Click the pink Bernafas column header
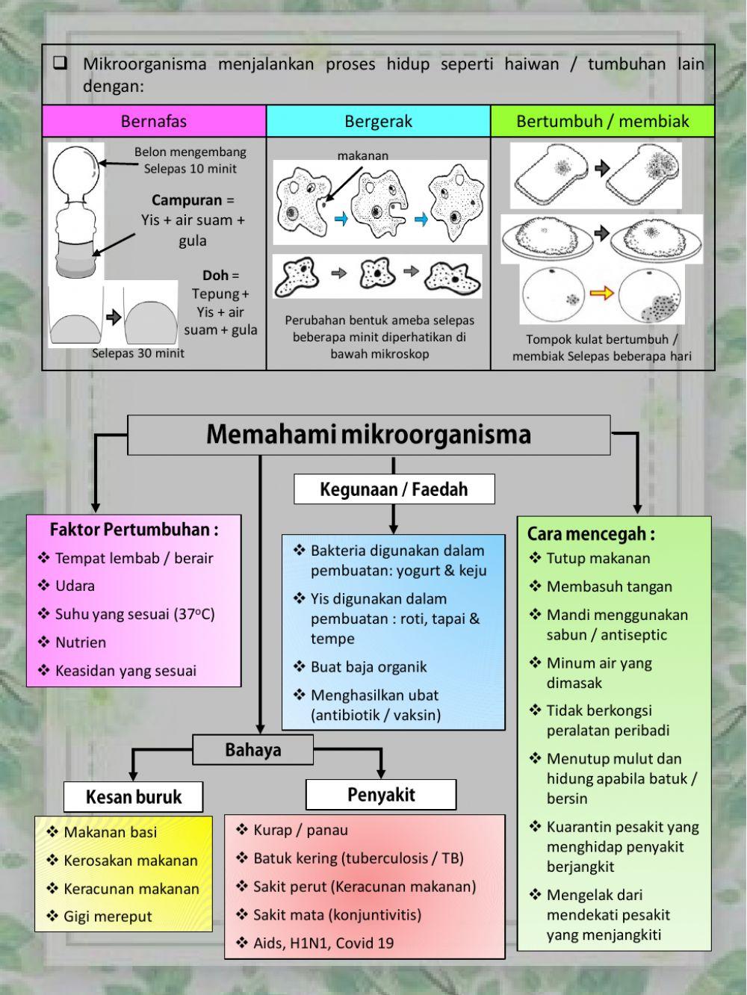[154, 121]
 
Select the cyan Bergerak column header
[378, 121]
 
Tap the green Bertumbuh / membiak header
[602, 121]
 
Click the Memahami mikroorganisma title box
[368, 435]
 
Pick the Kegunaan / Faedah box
[394, 490]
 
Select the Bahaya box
[252, 750]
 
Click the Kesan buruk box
[133, 797]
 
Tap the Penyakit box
[380, 795]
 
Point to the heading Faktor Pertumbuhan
[134, 530]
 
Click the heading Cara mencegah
[590, 533]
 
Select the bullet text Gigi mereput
[108, 917]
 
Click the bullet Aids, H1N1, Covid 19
[323, 943]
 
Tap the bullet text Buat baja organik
[368, 667]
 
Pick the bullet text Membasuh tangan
[609, 586]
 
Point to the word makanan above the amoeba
[363, 155]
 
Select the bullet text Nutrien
[81, 642]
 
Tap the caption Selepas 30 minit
[137, 353]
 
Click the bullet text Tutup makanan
[598, 558]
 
